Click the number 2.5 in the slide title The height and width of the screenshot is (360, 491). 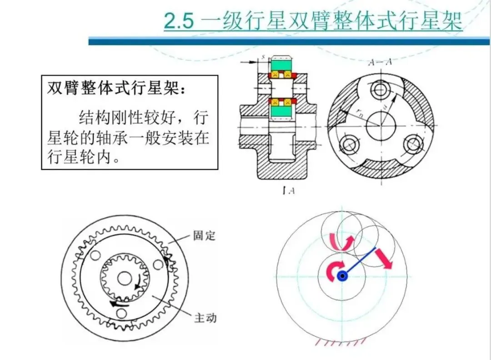[x=179, y=21]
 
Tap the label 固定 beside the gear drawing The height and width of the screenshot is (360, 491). [x=204, y=235]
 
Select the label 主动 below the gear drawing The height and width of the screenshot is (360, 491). [x=205, y=318]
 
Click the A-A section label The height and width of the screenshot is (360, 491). [x=380, y=62]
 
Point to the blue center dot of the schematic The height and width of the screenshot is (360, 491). [x=342, y=276]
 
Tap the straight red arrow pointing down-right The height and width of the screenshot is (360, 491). [x=384, y=259]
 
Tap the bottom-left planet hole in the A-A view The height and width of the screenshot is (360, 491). [x=348, y=145]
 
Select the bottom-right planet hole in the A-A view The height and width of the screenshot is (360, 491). [x=413, y=145]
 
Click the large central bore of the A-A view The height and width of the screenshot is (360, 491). [x=381, y=126]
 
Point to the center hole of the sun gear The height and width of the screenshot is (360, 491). [x=124, y=278]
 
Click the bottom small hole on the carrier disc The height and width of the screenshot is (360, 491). [x=121, y=313]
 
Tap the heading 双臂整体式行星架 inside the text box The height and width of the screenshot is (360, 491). [x=113, y=88]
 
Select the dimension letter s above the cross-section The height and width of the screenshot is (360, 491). [x=263, y=56]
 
